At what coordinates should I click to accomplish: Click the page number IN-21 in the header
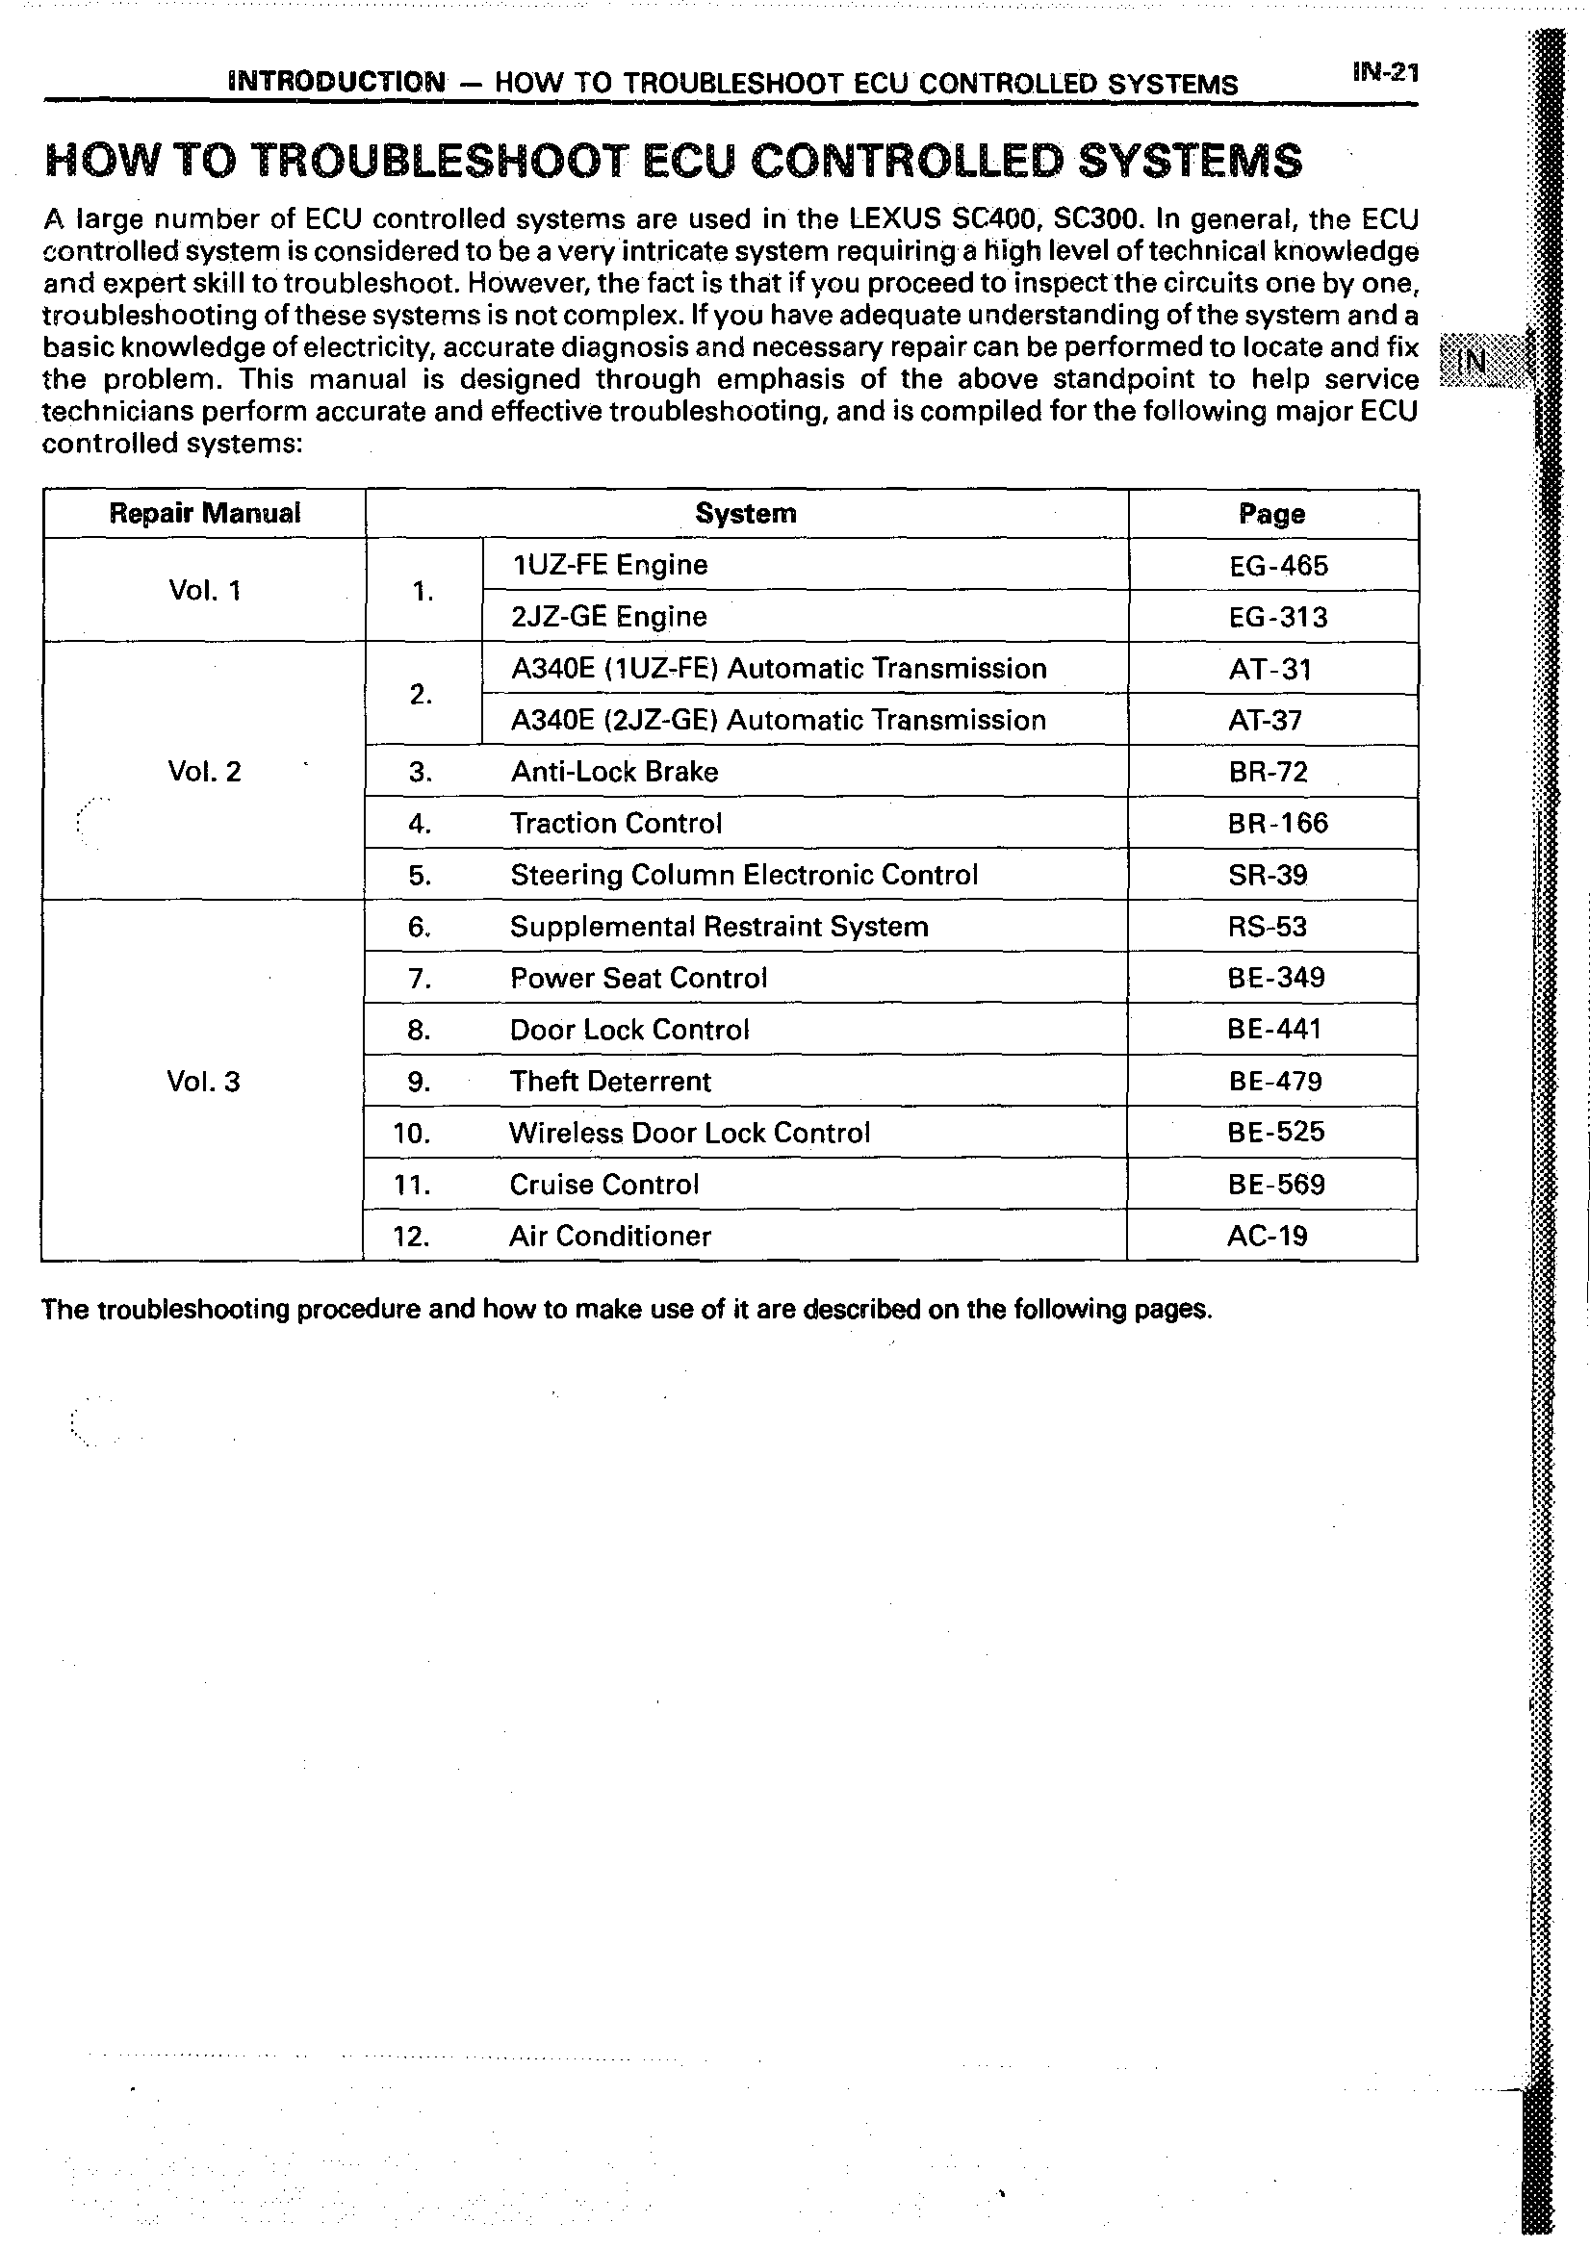point(1384,73)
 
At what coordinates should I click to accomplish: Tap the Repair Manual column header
point(205,513)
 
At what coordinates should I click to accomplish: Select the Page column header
point(1271,514)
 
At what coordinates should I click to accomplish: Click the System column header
point(746,513)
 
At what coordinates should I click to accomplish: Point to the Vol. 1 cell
point(205,591)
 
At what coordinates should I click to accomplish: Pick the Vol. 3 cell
point(204,1081)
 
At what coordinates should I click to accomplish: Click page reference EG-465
point(1279,566)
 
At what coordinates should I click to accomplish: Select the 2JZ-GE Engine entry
point(609,617)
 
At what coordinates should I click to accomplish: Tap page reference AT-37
point(1265,721)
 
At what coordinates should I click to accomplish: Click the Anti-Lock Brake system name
point(615,772)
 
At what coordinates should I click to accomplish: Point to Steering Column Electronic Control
point(744,875)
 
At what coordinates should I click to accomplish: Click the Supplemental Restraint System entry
point(719,926)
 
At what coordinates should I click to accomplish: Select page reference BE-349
point(1275,977)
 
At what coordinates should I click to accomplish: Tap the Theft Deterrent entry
point(610,1081)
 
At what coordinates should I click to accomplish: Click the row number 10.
point(411,1134)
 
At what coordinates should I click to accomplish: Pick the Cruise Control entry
point(604,1185)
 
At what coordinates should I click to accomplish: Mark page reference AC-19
point(1267,1236)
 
